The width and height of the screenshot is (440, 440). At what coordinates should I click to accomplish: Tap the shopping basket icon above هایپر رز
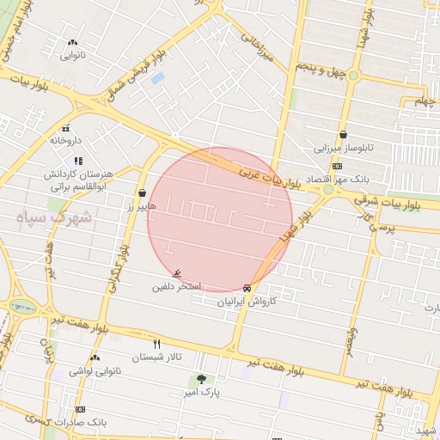(141, 193)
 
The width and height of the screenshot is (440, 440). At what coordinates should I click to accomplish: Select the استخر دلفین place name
(177, 285)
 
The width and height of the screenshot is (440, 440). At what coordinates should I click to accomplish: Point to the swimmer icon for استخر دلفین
(178, 273)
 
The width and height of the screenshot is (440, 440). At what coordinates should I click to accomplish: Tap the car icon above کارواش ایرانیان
(247, 288)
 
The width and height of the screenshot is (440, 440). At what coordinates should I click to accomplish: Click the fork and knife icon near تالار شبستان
(156, 344)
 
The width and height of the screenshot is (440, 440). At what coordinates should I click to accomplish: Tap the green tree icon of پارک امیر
(202, 379)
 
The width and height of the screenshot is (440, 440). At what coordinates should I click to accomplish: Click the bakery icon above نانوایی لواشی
(95, 357)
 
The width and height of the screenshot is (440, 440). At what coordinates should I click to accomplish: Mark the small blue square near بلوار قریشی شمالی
(157, 78)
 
